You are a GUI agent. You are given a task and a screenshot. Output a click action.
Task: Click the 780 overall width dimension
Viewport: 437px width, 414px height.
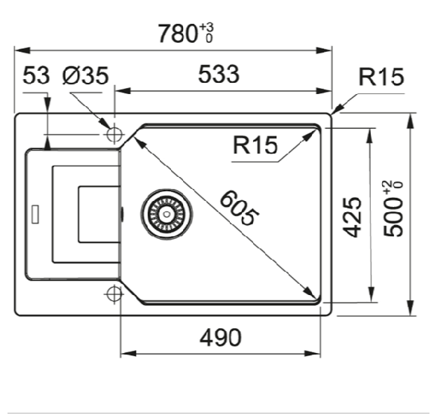coord(176,34)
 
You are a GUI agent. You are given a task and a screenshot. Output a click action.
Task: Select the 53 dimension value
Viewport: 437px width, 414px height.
coord(37,75)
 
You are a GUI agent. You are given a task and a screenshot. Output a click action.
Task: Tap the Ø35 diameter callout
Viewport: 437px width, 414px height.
coord(87,75)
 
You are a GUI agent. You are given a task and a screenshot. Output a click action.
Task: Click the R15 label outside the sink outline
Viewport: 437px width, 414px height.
coord(381,78)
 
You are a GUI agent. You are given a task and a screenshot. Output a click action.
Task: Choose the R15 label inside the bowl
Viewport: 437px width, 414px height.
coord(255,146)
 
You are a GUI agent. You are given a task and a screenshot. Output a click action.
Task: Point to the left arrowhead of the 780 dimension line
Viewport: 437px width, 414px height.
coord(21,50)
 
